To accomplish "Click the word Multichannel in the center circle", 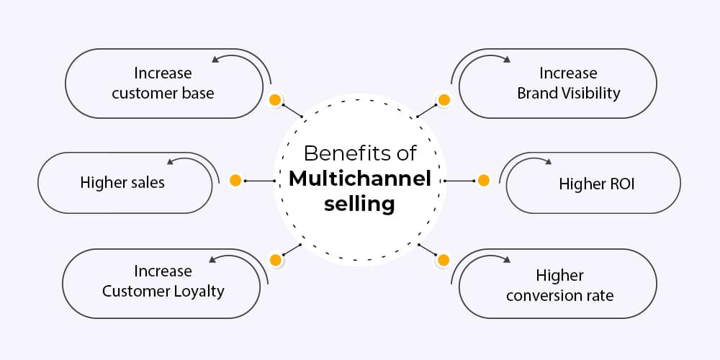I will tap(359, 179).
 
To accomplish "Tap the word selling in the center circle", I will tap(359, 204).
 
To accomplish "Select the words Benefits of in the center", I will tap(359, 153).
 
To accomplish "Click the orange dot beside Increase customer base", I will tap(274, 100).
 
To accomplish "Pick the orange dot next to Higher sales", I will tap(235, 180).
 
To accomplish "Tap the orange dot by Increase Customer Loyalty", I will tap(274, 259).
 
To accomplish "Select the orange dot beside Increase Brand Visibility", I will tap(444, 100).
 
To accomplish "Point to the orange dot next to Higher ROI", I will tap(483, 180).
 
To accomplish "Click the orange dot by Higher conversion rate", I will tap(444, 259).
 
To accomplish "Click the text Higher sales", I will tap(122, 183).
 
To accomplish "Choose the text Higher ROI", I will tap(597, 184).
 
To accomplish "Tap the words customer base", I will tap(163, 93).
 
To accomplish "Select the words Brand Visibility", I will tap(568, 93).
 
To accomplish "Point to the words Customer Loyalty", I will tap(163, 291).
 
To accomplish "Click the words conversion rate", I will tap(559, 294).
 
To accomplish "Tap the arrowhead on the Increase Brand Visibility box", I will tap(507, 60).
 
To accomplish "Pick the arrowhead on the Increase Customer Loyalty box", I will tap(211, 259).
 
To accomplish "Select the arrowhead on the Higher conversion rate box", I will tap(507, 259).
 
